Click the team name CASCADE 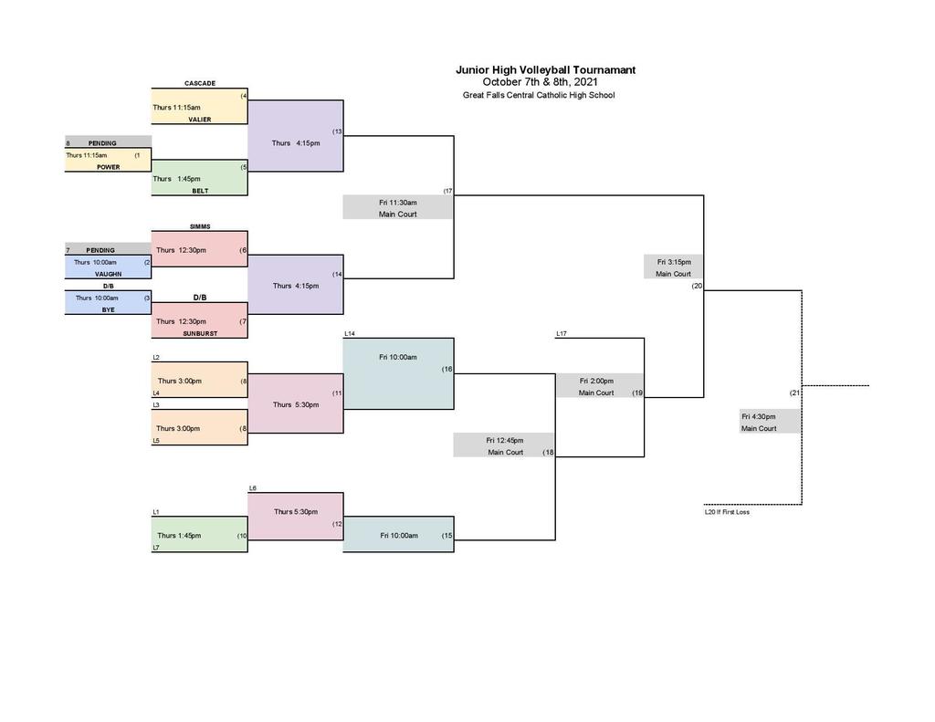[200, 83]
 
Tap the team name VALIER [200, 120]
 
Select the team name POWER [109, 167]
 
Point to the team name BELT [200, 191]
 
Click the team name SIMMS [200, 226]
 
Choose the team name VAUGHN [109, 274]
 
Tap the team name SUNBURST [200, 334]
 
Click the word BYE [108, 310]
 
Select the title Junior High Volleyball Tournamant [546, 69]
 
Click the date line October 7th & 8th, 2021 [540, 82]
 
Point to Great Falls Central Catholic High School [539, 95]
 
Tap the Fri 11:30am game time [398, 203]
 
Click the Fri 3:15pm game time [674, 262]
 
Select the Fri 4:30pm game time [759, 417]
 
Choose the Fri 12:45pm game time [504, 441]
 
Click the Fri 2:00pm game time [596, 381]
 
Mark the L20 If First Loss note [727, 512]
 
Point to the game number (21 [795, 392]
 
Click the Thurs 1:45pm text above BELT [176, 179]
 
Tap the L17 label [562, 334]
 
